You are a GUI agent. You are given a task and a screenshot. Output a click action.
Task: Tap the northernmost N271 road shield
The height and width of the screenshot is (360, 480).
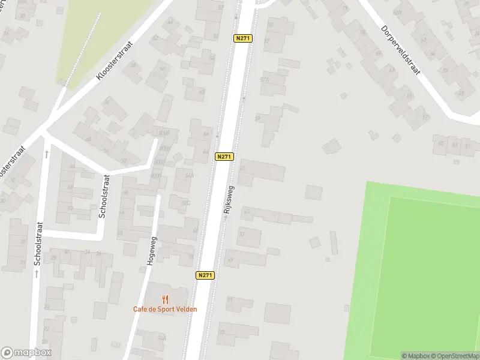[x=242, y=38]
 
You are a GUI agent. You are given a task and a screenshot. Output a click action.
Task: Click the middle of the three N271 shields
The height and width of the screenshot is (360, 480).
[x=224, y=157]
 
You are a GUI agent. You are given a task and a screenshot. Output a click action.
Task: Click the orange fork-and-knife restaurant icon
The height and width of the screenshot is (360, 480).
[x=165, y=299]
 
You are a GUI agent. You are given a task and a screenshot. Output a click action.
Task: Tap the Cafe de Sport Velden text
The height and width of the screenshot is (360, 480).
[x=165, y=310]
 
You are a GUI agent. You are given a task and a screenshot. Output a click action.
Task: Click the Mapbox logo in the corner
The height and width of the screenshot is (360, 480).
[x=26, y=353]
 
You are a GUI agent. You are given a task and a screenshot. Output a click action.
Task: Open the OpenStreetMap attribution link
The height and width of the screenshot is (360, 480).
[x=454, y=356]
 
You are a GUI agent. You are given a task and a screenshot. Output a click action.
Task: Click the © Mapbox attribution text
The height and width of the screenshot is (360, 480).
[x=415, y=356]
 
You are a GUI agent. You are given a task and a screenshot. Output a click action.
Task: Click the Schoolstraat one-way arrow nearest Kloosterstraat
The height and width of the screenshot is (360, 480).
[x=47, y=154]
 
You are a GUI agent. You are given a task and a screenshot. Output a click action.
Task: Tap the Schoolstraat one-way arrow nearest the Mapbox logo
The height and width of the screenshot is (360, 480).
[x=37, y=274]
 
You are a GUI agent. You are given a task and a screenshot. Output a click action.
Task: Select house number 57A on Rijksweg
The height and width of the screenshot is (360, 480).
[x=265, y=79]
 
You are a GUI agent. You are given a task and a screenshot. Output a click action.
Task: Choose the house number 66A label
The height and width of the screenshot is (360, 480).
[x=190, y=176]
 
